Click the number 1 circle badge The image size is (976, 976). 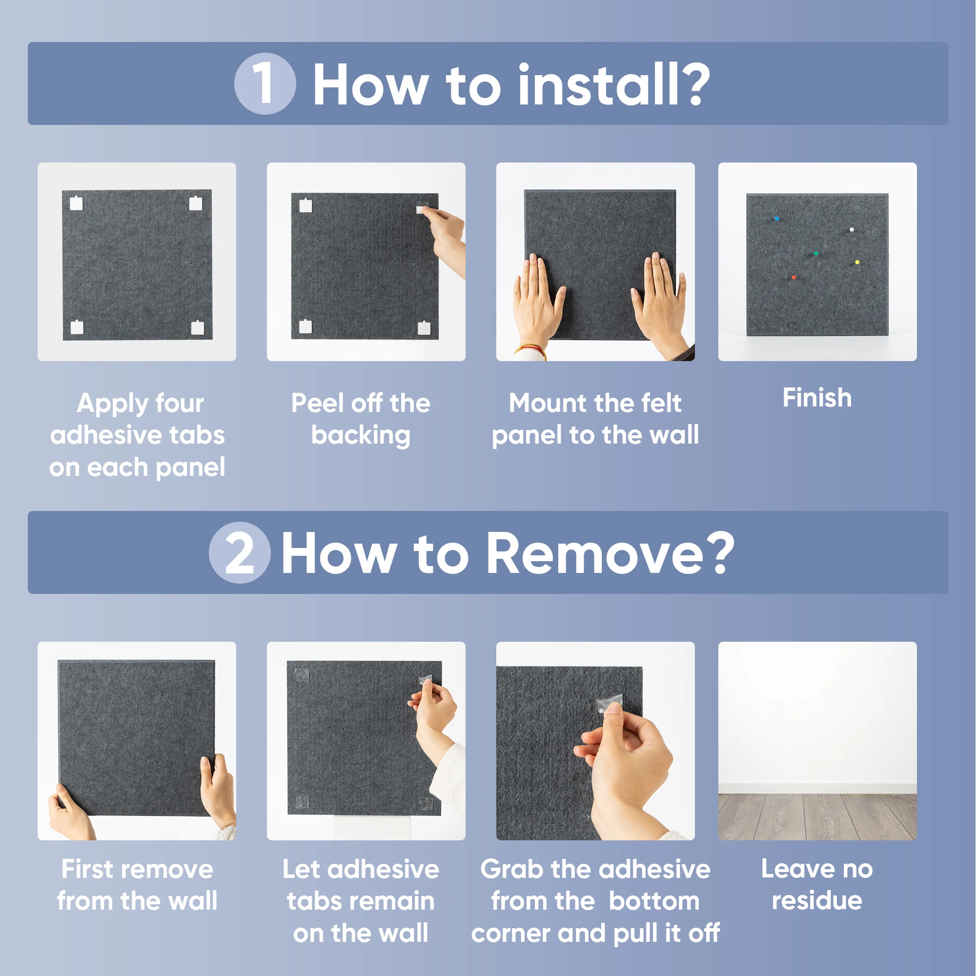[x=264, y=83]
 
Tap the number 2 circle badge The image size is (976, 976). [x=240, y=553]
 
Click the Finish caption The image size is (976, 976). [x=817, y=398]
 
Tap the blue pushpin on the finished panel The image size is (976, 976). [x=776, y=219]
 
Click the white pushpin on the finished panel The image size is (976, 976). [x=852, y=230]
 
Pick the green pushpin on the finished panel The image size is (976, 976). [x=816, y=254]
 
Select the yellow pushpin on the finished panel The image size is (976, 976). [x=857, y=262]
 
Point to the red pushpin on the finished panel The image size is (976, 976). [x=793, y=277]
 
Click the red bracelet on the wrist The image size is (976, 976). [x=530, y=348]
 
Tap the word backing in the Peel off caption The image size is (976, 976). [x=361, y=435]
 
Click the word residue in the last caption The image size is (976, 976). [x=817, y=901]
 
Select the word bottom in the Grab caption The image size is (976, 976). [x=654, y=901]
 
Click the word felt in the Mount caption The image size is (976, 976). [x=661, y=403]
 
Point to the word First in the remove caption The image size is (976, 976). [x=87, y=869]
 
